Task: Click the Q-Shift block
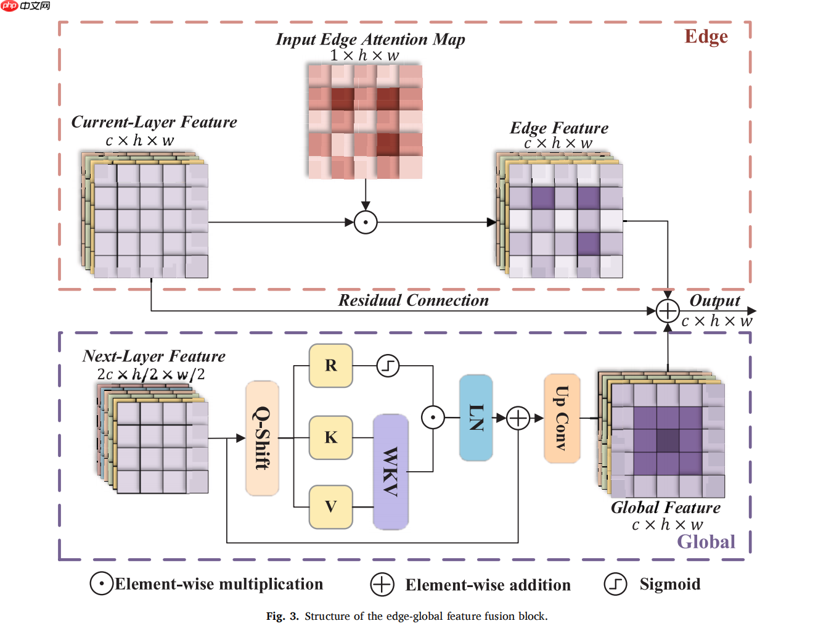[x=262, y=438]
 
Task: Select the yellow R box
[x=331, y=366]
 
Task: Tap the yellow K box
[x=331, y=437]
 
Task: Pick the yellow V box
[x=331, y=507]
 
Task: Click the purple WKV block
[x=391, y=472]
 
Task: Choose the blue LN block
[x=476, y=418]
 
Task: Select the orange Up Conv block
[x=562, y=418]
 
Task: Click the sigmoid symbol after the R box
[x=388, y=366]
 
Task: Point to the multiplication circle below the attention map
[x=366, y=222]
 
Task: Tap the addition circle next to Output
[x=668, y=311]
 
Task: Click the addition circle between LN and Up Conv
[x=518, y=418]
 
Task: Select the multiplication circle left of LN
[x=433, y=418]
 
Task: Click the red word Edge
[x=706, y=37]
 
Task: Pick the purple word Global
[x=706, y=541]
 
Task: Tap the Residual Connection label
[x=413, y=300]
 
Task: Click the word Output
[x=714, y=300]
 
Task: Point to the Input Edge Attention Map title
[x=370, y=39]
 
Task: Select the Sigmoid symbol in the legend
[x=615, y=583]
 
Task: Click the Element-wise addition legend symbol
[x=382, y=584]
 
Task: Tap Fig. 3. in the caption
[x=282, y=616]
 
